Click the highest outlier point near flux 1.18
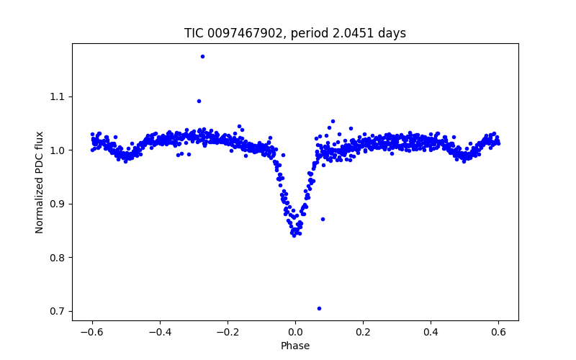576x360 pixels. point(202,56)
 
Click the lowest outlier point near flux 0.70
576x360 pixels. point(319,308)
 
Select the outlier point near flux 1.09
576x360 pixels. point(199,101)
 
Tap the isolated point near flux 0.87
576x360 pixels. point(323,219)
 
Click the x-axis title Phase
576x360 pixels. point(295,346)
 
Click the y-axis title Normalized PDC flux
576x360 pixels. point(40,182)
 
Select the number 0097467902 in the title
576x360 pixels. point(243,33)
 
